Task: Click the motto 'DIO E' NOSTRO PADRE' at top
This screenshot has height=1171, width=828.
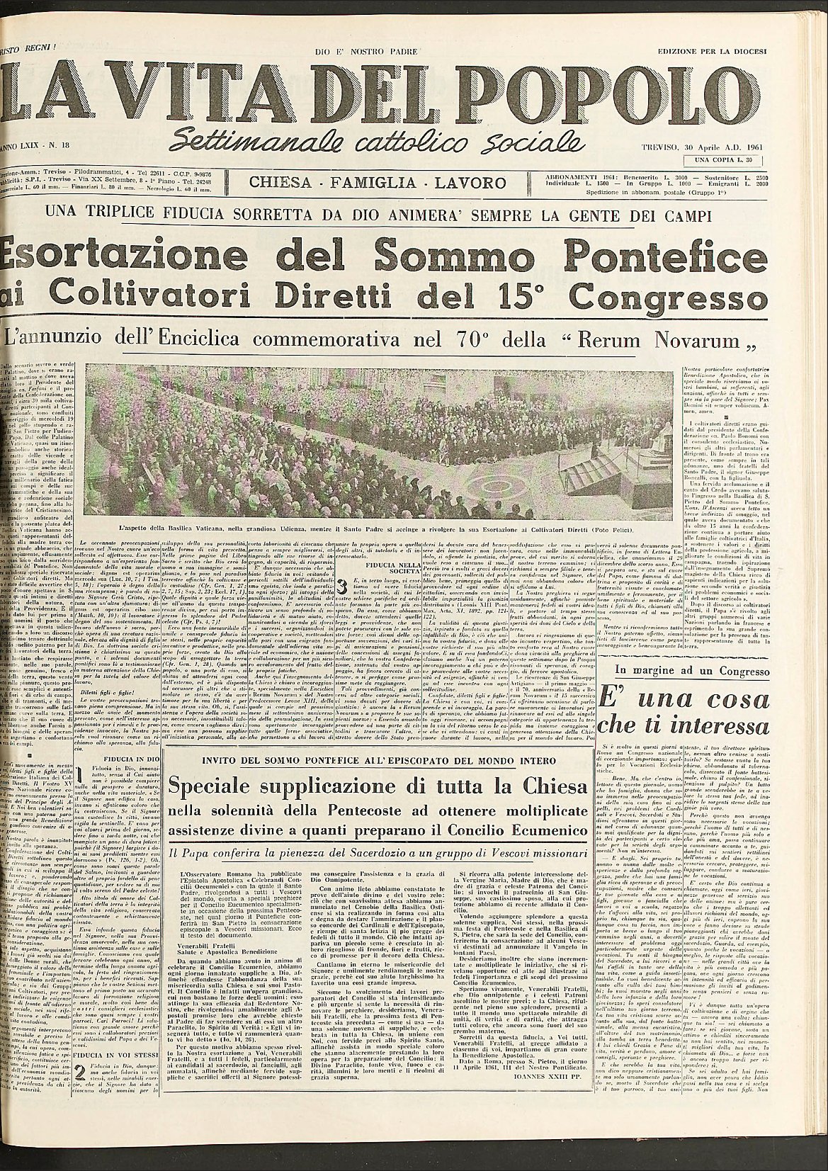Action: click(367, 52)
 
